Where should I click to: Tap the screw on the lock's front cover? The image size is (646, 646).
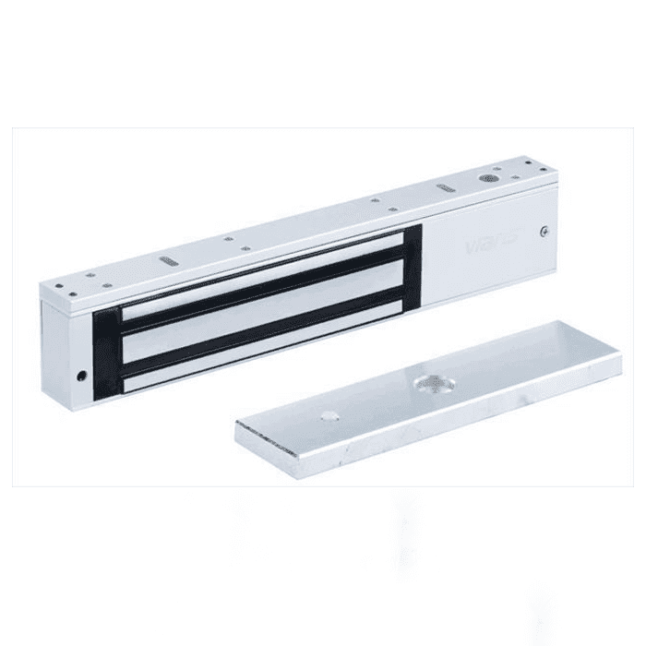(x=547, y=232)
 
